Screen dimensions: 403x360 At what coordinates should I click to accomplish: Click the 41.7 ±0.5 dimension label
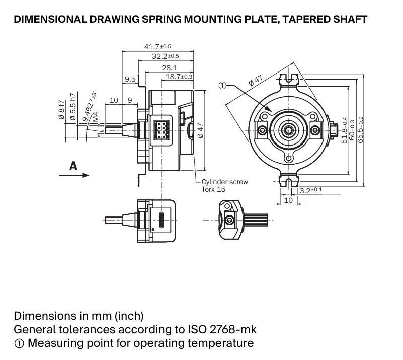point(157,46)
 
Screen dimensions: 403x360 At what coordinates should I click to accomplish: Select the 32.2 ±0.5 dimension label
point(165,56)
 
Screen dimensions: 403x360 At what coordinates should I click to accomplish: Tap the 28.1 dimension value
point(170,68)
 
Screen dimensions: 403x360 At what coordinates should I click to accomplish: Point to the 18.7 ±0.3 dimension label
point(179,77)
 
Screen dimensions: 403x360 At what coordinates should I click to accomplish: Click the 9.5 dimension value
point(130,79)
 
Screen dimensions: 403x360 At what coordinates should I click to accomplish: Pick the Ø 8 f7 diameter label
point(61,110)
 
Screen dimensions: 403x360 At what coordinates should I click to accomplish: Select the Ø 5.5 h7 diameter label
point(73,106)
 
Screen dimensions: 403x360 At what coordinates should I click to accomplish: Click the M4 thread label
point(96,117)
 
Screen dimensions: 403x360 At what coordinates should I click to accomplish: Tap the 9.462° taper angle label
point(89,106)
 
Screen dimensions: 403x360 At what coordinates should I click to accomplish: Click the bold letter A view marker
point(73,166)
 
